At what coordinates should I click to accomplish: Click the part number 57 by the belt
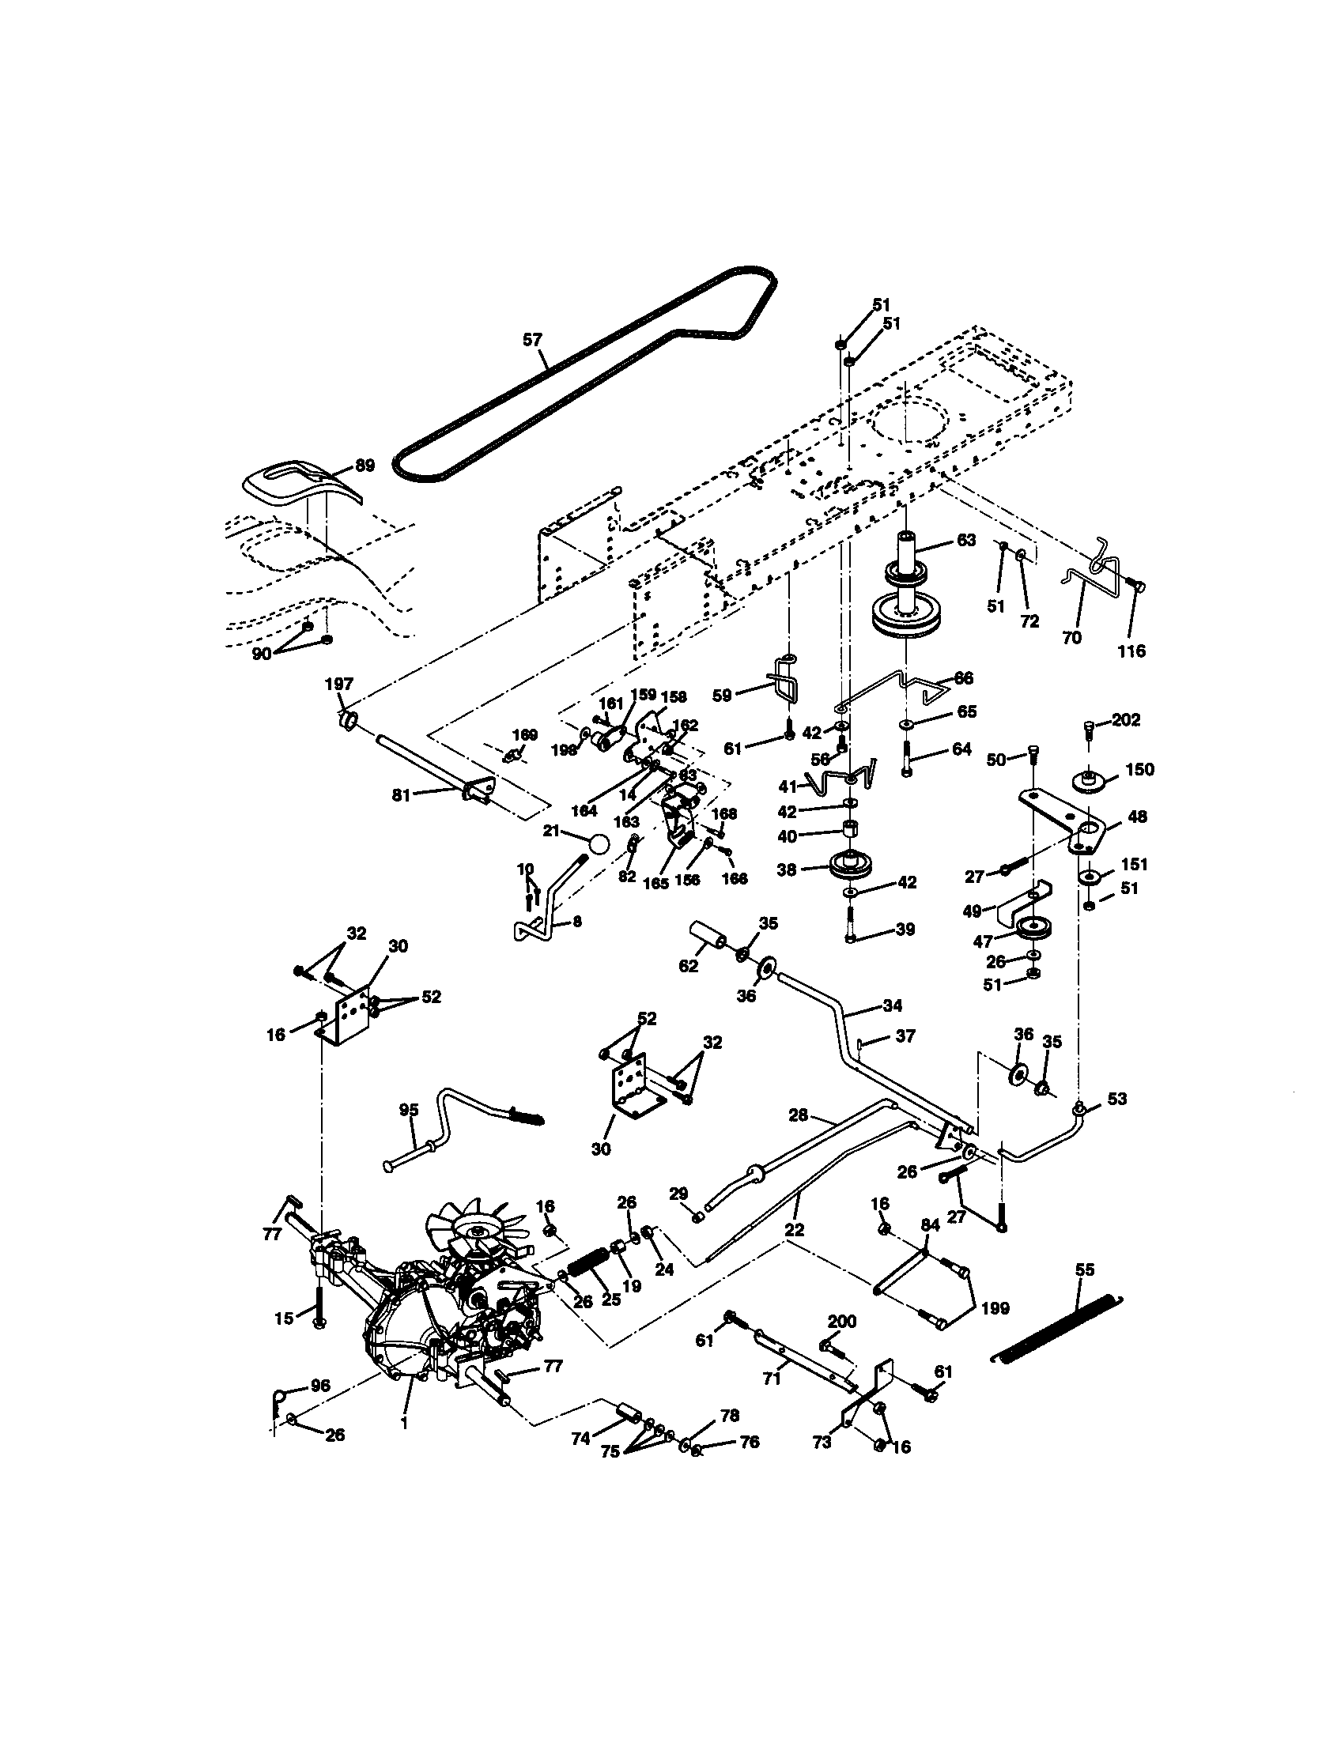pyautogui.click(x=532, y=340)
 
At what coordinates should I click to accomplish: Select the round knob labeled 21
pyautogui.click(x=599, y=843)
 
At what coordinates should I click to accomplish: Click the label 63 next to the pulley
pyautogui.click(x=965, y=541)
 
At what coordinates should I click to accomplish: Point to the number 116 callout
pyautogui.click(x=1131, y=651)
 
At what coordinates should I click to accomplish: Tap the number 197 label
pyautogui.click(x=339, y=684)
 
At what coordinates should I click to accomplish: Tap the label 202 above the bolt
pyautogui.click(x=1126, y=720)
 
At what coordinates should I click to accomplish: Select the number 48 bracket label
pyautogui.click(x=1138, y=817)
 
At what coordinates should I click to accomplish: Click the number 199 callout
pyautogui.click(x=995, y=1307)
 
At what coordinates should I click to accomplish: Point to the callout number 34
pyautogui.click(x=892, y=1005)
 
